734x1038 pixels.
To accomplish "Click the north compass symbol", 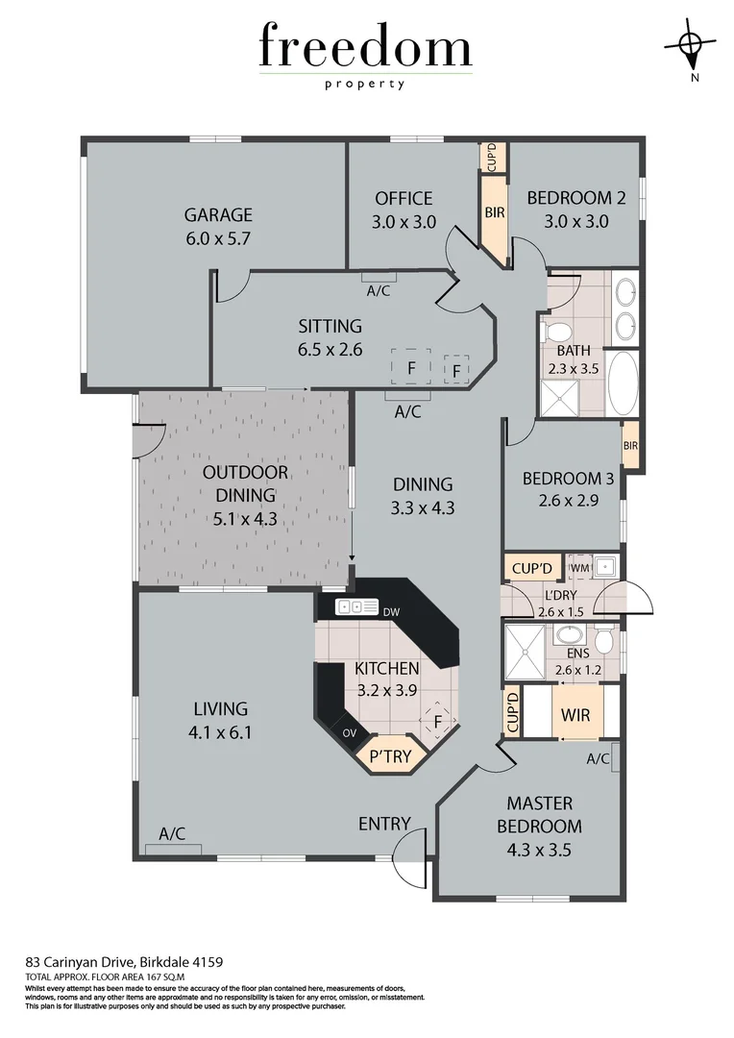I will click(x=690, y=45).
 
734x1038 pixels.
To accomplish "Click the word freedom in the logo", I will click(x=365, y=48).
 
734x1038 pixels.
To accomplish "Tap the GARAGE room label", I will click(x=218, y=214).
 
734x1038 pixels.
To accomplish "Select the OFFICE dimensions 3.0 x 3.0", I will click(x=404, y=221).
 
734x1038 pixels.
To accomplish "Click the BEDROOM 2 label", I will click(x=575, y=198).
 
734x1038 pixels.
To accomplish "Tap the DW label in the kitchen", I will click(x=390, y=612).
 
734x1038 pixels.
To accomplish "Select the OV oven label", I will click(x=349, y=733).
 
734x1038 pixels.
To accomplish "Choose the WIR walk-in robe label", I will click(x=576, y=716).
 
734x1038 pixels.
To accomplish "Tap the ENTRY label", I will click(x=384, y=824).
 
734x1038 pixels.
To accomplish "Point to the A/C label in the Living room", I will click(x=173, y=833).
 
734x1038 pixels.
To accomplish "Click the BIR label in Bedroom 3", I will click(x=630, y=445).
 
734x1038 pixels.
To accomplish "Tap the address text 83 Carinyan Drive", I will click(x=124, y=961).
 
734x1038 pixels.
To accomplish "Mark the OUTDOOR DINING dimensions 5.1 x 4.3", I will click(x=245, y=521).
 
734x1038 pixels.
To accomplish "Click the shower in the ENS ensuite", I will click(x=524, y=652).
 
